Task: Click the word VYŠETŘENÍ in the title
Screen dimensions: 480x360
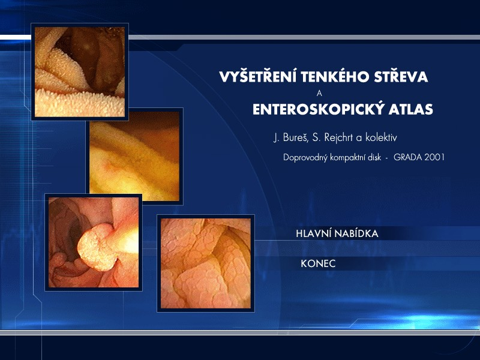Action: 258,76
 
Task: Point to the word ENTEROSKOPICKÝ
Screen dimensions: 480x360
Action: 318,109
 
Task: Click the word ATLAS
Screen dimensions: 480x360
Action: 411,109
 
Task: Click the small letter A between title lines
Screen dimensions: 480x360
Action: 319,94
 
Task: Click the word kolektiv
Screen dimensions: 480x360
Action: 381,137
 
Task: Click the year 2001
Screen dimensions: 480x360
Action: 434,157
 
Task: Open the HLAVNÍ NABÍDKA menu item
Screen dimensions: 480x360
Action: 337,233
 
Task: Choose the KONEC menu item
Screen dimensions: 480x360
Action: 318,263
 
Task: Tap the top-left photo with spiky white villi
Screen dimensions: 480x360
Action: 80,71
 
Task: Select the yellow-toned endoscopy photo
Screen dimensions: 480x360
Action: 134,156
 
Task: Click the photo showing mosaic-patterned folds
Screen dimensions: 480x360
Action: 206,263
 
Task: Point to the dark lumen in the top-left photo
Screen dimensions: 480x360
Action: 92,58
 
